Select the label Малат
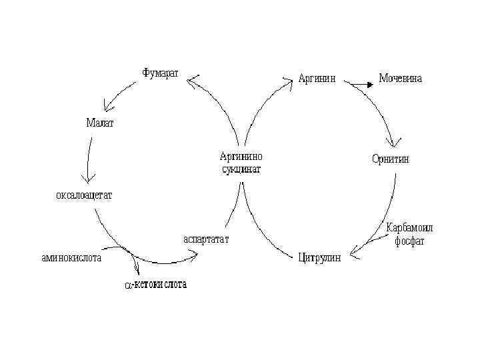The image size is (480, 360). (100, 123)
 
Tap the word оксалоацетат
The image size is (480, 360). (83, 195)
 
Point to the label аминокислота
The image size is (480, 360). (68, 259)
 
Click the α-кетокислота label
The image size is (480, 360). (157, 285)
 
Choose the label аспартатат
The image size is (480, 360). (206, 239)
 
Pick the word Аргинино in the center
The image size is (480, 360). (241, 157)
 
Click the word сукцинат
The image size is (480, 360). (241, 169)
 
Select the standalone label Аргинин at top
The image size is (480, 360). (317, 79)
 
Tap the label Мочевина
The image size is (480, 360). (400, 79)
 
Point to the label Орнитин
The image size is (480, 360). (390, 159)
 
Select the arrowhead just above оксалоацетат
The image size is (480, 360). (87, 179)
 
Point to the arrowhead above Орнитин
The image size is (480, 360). (395, 141)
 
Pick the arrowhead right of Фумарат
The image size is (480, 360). (193, 81)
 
